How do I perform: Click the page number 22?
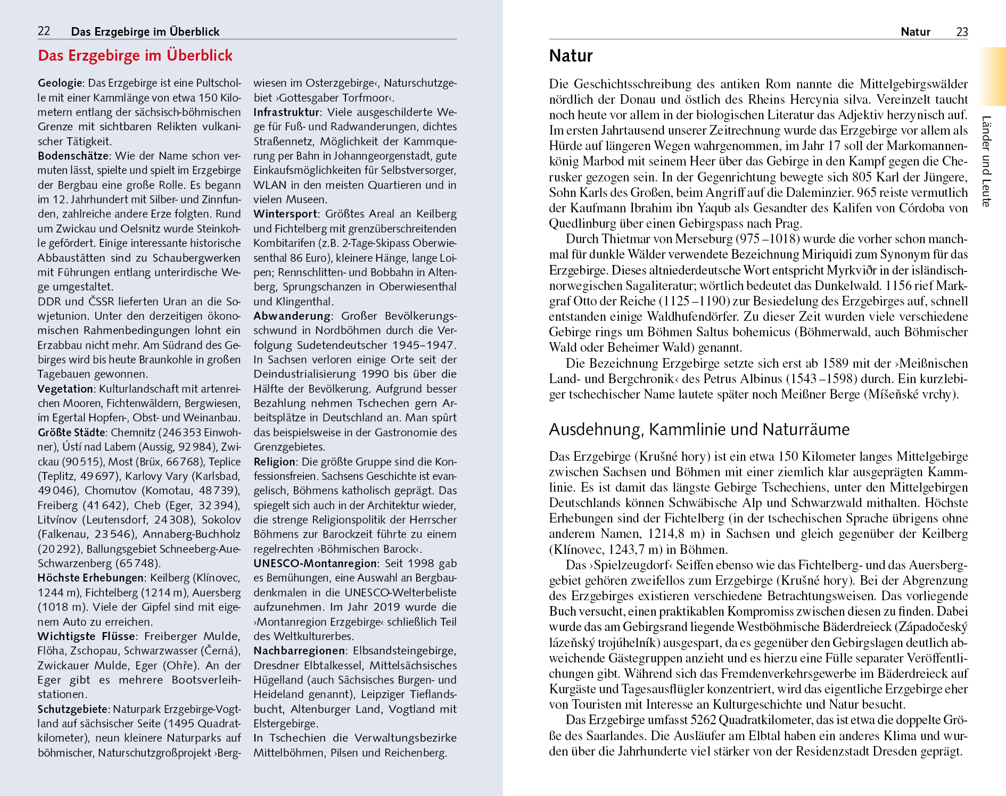click(x=44, y=31)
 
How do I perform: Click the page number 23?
click(x=962, y=32)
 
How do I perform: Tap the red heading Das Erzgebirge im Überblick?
click(x=135, y=55)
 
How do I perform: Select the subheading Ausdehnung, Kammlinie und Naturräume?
click(x=699, y=429)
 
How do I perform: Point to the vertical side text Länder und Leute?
click(x=986, y=161)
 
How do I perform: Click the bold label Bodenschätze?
click(x=73, y=156)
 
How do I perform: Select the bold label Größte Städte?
click(x=71, y=433)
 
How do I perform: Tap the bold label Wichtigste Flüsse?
click(x=86, y=636)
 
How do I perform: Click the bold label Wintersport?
click(x=285, y=214)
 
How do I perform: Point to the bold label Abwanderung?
click(x=292, y=316)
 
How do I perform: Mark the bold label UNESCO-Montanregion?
click(x=315, y=563)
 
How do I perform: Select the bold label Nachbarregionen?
click(x=299, y=651)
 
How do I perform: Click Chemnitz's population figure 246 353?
click(x=180, y=433)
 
